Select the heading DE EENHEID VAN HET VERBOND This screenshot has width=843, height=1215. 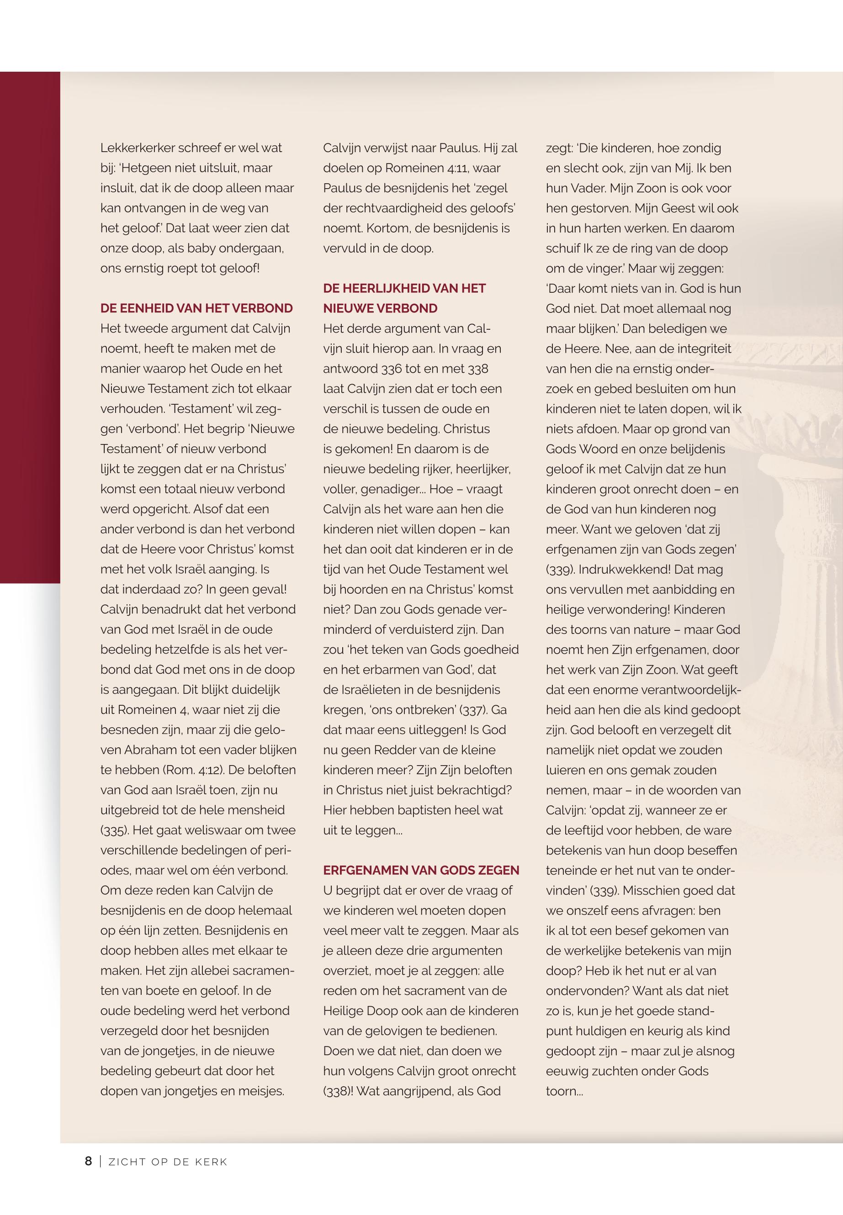click(196, 308)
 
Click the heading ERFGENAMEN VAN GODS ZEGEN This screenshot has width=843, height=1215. click(421, 870)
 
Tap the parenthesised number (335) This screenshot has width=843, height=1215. click(115, 830)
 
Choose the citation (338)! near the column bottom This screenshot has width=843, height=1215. click(338, 1091)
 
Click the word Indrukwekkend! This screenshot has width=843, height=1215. click(619, 569)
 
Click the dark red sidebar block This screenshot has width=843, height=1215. click(30, 328)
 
